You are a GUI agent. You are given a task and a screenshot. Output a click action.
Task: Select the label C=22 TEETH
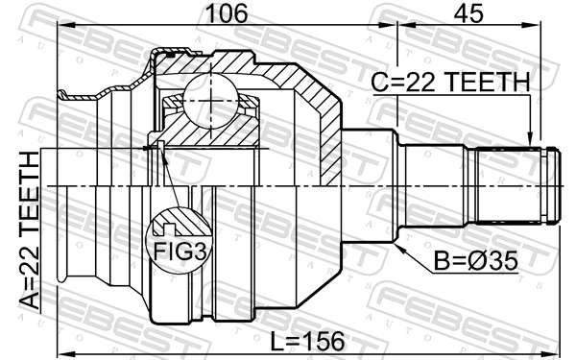coord(450,84)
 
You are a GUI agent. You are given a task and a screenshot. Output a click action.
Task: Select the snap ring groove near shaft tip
coord(544,183)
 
